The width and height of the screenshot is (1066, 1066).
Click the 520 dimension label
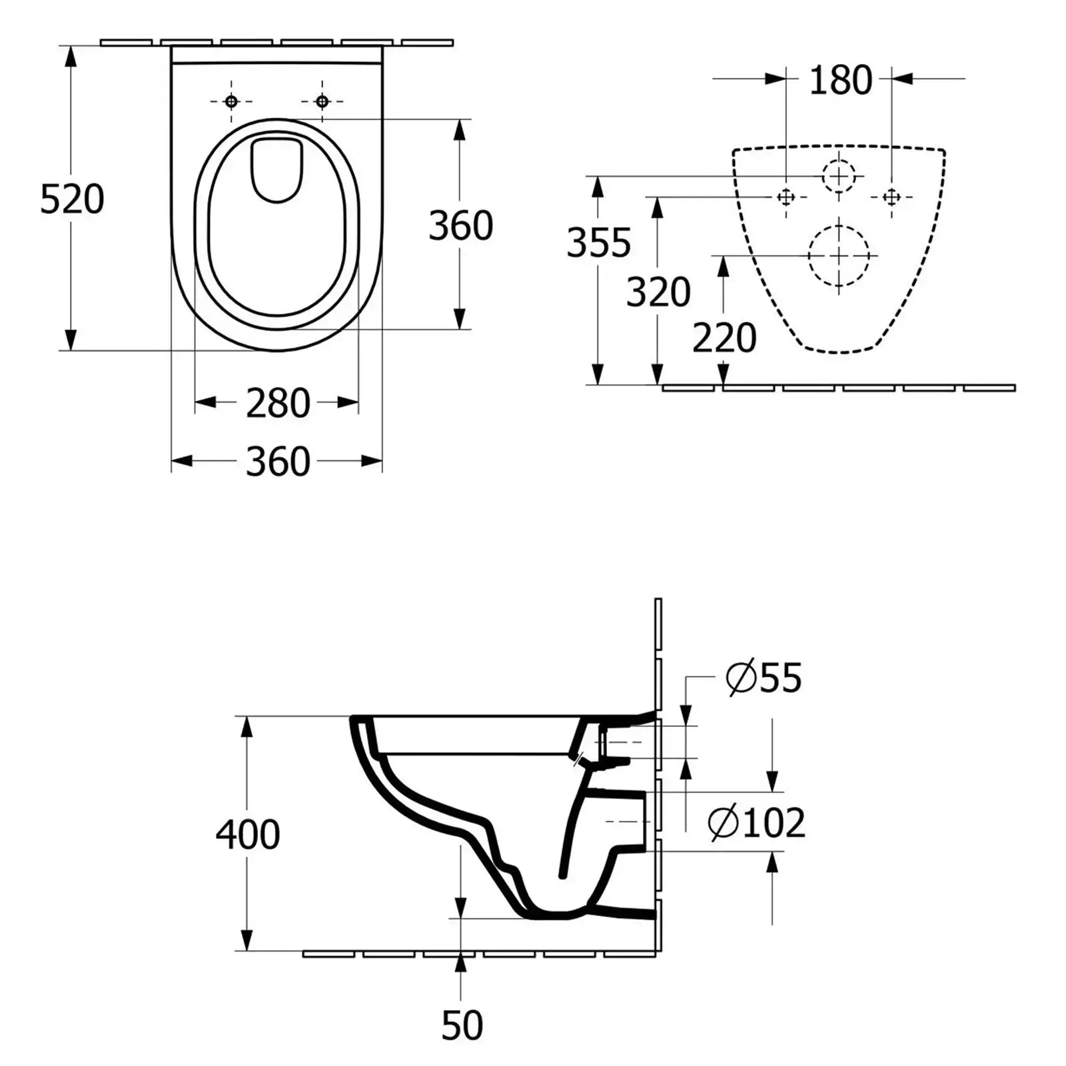[x=72, y=199]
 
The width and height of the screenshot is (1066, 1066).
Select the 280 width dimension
[x=278, y=403]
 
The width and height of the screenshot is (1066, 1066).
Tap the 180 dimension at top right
[x=840, y=80]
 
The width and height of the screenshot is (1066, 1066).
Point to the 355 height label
[x=598, y=243]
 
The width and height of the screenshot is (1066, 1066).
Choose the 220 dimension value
[x=724, y=338]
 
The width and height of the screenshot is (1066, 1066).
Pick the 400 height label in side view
[x=248, y=834]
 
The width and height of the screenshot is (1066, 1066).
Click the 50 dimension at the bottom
[x=462, y=1026]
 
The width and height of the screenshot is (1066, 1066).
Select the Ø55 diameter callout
[x=764, y=678]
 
